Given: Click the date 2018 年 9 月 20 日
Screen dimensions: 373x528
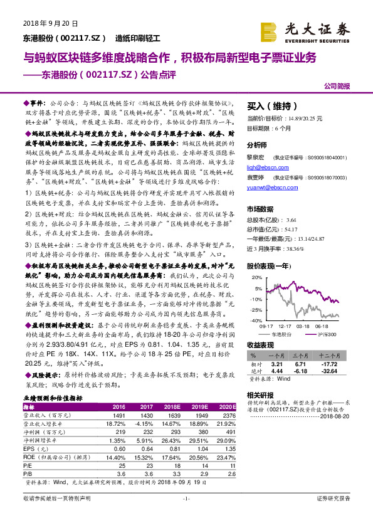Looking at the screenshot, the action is coord(50,24).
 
